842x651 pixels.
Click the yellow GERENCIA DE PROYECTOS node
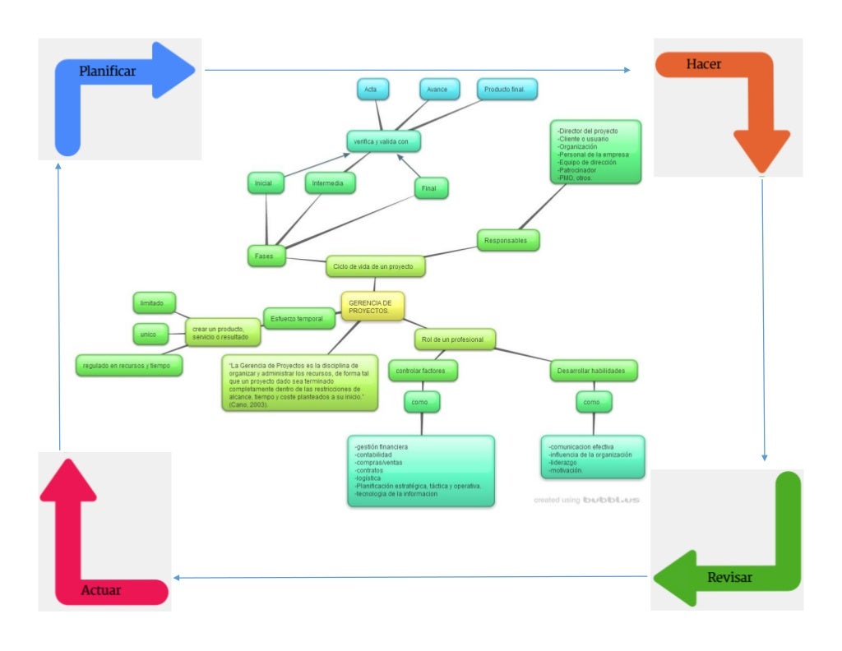coord(372,307)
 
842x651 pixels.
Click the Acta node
coord(372,89)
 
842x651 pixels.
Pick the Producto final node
coord(507,89)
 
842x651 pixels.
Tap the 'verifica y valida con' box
coord(384,141)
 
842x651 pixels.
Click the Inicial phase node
coord(266,183)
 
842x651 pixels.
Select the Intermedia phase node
coord(330,182)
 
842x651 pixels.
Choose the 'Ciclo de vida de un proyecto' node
coord(376,266)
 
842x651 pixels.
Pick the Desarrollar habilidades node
coord(593,371)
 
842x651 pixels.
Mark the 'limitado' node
coord(154,303)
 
